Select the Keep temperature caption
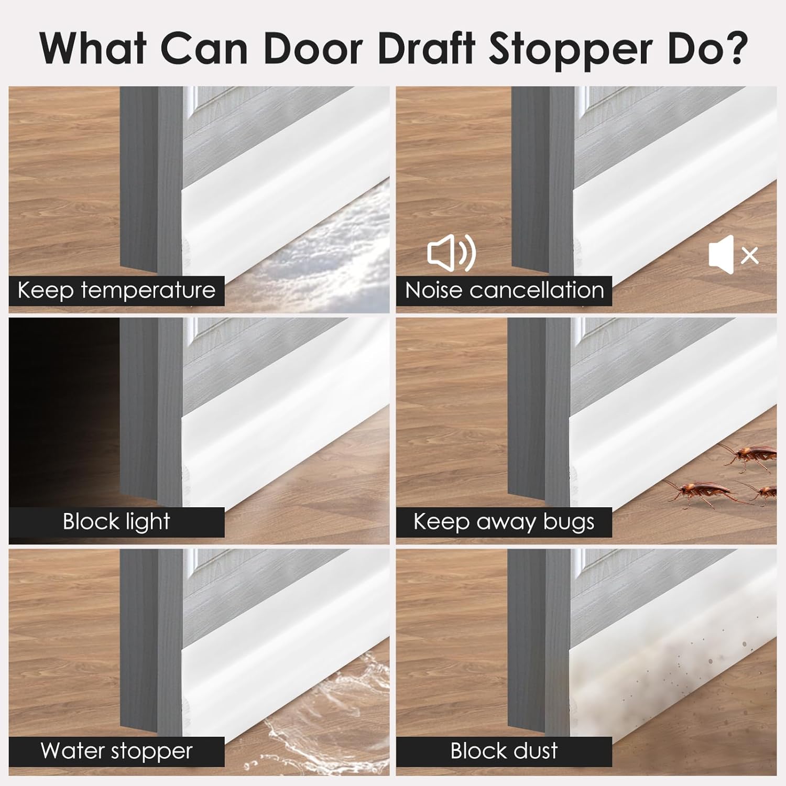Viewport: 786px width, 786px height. click(x=116, y=290)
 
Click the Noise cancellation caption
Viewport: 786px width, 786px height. click(x=504, y=290)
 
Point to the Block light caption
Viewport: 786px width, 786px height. click(x=116, y=522)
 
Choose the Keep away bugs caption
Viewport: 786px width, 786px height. click(x=504, y=522)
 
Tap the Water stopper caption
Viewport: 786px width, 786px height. click(x=116, y=751)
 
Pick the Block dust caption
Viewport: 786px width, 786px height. click(x=504, y=751)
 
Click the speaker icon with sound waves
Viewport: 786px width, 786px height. click(x=451, y=253)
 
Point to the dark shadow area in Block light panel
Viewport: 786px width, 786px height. click(x=58, y=409)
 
